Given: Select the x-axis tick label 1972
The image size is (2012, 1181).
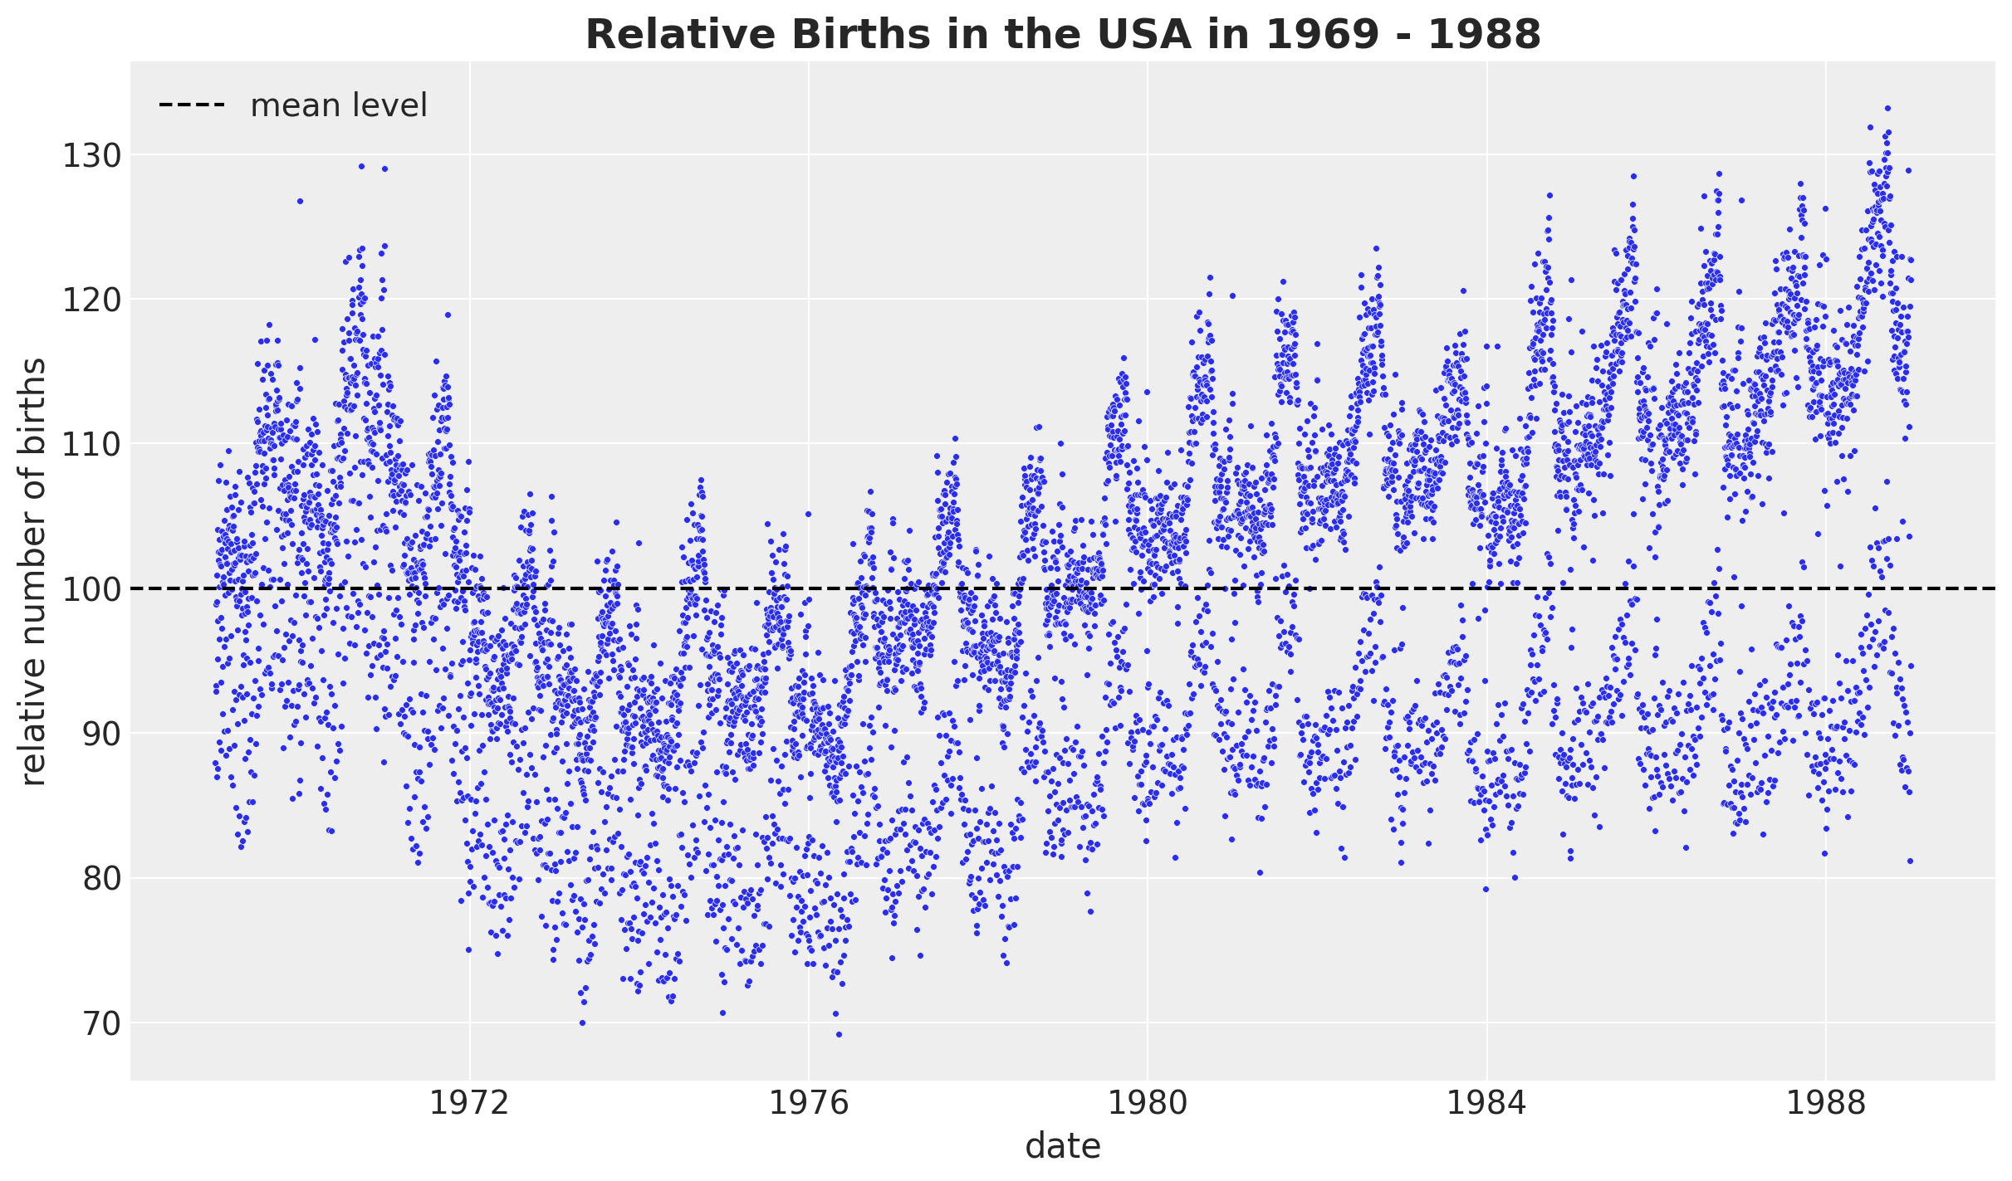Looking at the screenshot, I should [469, 1104].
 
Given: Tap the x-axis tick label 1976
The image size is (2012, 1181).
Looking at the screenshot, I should [808, 1104].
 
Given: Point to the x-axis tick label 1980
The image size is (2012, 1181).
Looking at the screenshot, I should [1147, 1104].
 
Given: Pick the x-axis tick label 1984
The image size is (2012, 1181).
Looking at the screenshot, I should [1486, 1104].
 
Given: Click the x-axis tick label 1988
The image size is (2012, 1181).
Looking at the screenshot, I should [1825, 1104].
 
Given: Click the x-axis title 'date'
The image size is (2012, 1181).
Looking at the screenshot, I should [1063, 1148].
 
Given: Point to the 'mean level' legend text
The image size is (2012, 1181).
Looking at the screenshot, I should [339, 106].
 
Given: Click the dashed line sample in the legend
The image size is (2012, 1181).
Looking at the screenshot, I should [192, 105].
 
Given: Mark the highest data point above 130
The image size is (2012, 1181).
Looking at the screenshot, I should [1887, 108].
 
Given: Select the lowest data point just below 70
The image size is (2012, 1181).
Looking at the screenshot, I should [839, 1034].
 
